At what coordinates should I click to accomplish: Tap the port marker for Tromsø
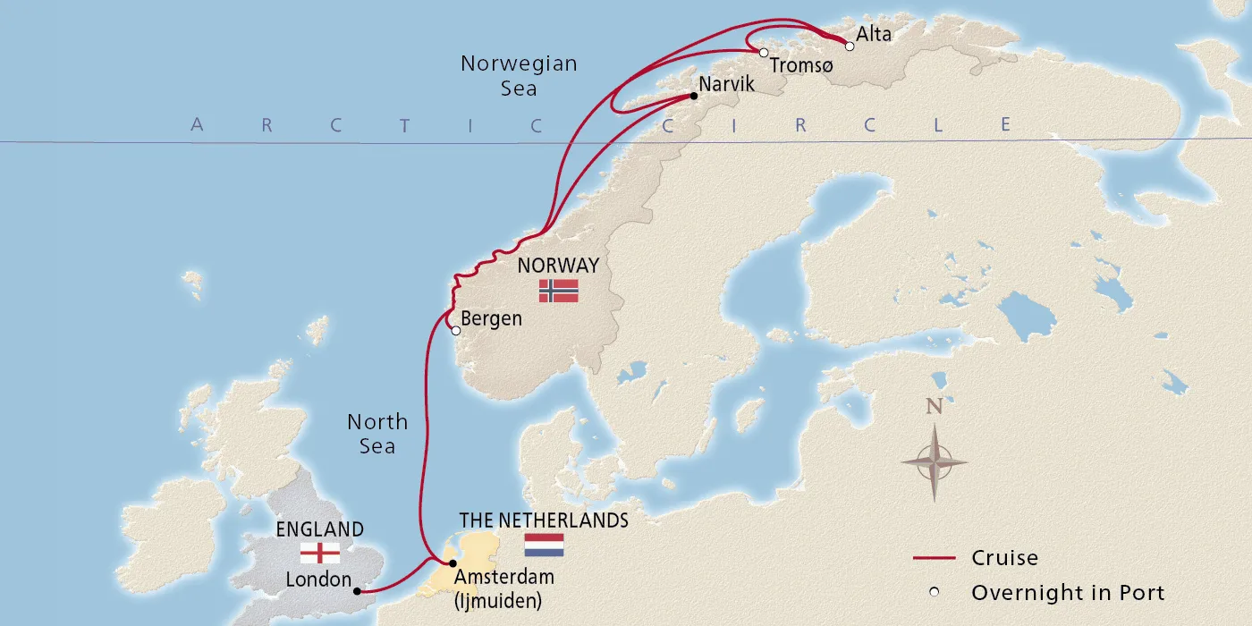[763, 53]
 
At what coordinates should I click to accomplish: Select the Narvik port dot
[693, 96]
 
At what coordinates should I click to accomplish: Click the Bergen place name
[491, 318]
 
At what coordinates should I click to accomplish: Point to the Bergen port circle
[456, 331]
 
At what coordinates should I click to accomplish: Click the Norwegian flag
[558, 291]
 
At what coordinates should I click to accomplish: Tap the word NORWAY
[558, 266]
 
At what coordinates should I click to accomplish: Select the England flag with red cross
[320, 553]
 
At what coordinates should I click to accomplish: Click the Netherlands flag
[544, 545]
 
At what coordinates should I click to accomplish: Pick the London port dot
[356, 591]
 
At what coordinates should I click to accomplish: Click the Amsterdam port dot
[452, 563]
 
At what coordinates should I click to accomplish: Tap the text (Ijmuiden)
[498, 600]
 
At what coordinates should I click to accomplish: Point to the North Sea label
[377, 434]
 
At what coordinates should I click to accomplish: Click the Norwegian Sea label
[519, 76]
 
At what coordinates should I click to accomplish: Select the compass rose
[934, 462]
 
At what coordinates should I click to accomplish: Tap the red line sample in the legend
[935, 559]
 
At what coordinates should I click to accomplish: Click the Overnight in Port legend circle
[935, 592]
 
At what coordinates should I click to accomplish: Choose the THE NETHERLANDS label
[544, 520]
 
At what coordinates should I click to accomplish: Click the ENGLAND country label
[320, 529]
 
